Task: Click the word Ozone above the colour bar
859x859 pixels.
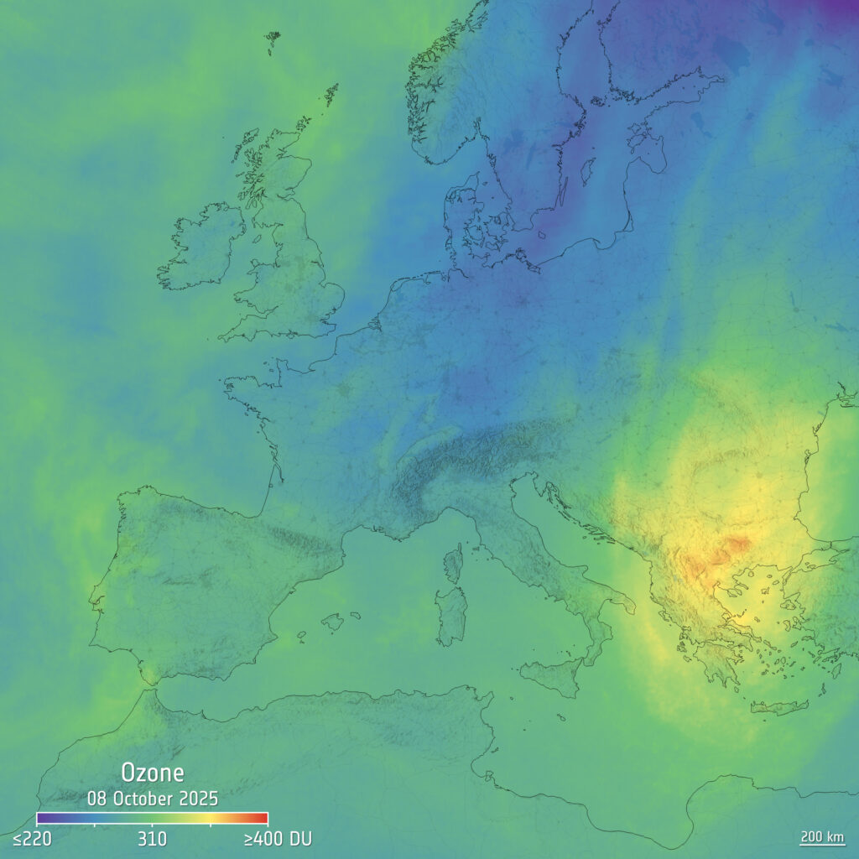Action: (152, 773)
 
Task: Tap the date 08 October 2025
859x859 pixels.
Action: (152, 797)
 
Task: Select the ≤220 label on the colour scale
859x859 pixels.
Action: (32, 839)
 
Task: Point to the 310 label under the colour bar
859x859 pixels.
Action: (152, 839)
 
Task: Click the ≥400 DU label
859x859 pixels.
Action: (277, 839)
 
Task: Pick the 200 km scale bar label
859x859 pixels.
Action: (821, 836)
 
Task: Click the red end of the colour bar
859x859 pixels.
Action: (260, 818)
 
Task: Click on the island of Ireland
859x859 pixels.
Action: (201, 247)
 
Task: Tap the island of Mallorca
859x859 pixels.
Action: (333, 622)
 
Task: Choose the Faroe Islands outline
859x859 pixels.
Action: (272, 42)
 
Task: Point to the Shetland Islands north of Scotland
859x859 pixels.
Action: (331, 94)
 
